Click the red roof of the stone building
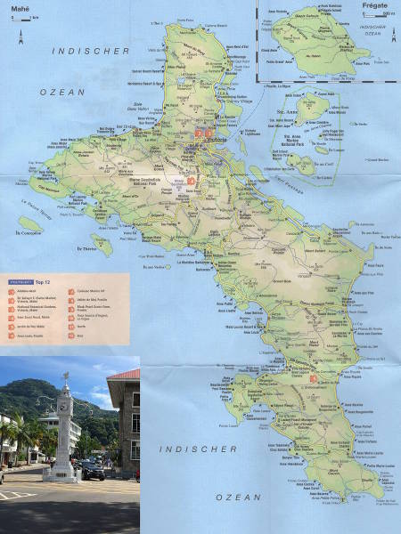tap(127, 374)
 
